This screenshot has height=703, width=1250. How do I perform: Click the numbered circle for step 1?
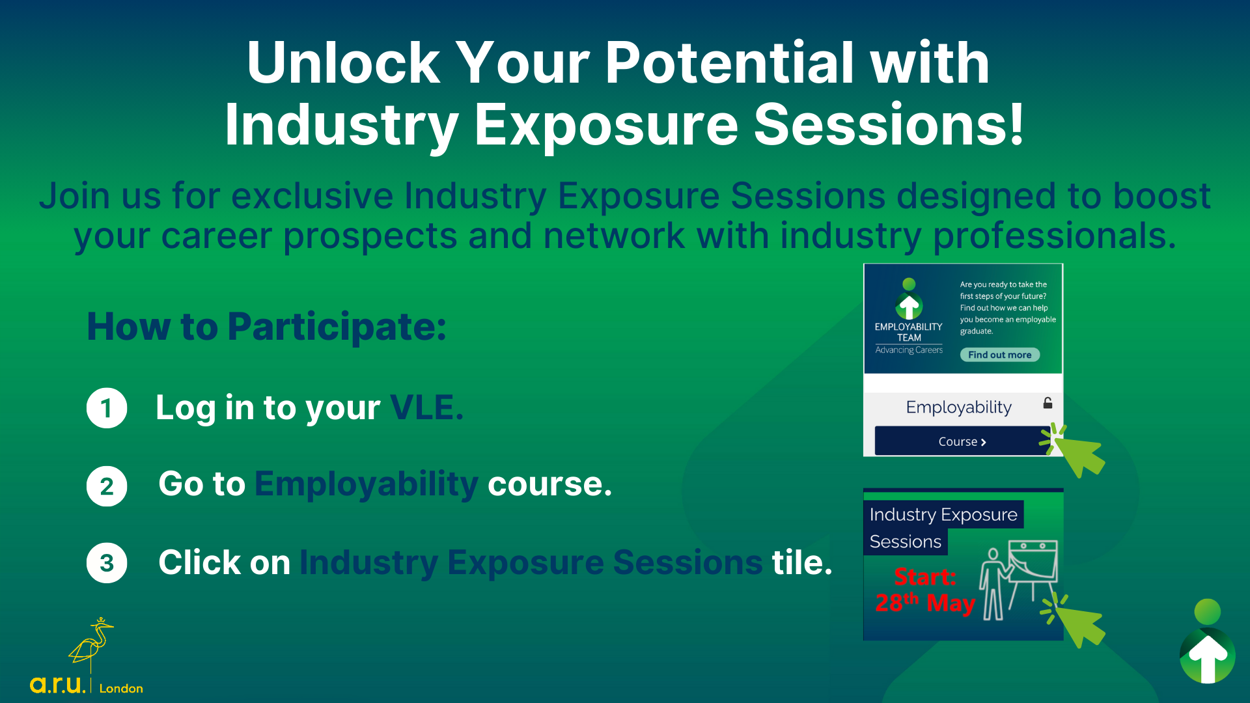click(x=107, y=408)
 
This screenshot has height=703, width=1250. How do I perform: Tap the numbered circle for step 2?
click(x=107, y=486)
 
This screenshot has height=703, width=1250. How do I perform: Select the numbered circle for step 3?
click(x=107, y=563)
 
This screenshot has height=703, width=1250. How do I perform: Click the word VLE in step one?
click(x=426, y=408)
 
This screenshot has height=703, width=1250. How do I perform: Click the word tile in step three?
click(x=802, y=562)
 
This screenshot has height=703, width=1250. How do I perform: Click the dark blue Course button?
click(x=962, y=441)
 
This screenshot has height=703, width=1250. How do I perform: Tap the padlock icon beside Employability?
click(x=1048, y=403)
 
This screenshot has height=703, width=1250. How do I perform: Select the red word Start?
click(x=925, y=577)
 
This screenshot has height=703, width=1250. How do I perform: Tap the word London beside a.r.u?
click(x=121, y=688)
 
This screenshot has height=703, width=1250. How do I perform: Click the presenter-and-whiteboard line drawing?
click(x=1018, y=580)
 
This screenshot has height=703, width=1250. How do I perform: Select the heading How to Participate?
click(x=267, y=327)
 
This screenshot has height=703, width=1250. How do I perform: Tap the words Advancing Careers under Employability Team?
click(x=909, y=350)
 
